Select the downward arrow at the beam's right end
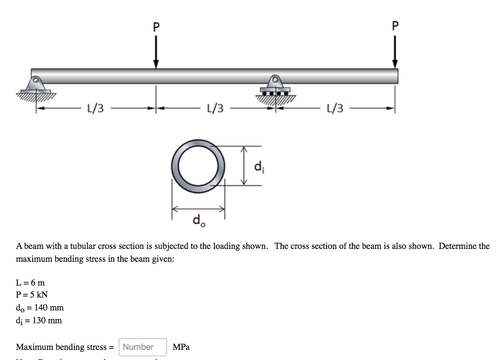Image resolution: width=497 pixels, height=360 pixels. pyautogui.click(x=394, y=53)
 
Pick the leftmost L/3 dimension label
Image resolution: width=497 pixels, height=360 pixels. pyautogui.click(x=95, y=109)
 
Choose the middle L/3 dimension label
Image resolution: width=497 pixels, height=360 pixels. pyautogui.click(x=215, y=109)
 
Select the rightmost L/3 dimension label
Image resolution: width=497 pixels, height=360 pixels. pyautogui.click(x=334, y=109)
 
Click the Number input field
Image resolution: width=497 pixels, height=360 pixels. pyautogui.click(x=142, y=347)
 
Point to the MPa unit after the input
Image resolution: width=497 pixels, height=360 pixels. pyautogui.click(x=181, y=347)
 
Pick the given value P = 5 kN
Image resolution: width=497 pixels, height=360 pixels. pyautogui.click(x=32, y=295)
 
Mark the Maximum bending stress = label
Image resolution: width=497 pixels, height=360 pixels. pyautogui.click(x=65, y=347)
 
